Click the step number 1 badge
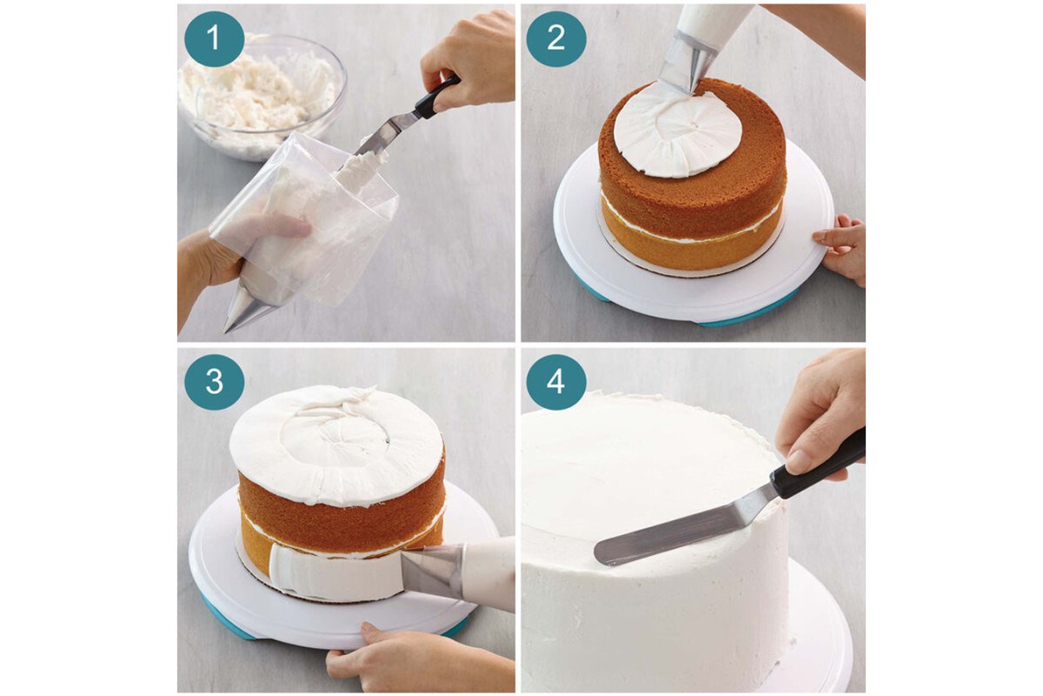214,38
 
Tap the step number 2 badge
556,38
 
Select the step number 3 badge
214,382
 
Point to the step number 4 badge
556,382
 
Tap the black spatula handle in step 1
436,97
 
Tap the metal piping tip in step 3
432,571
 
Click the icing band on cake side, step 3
335,572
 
